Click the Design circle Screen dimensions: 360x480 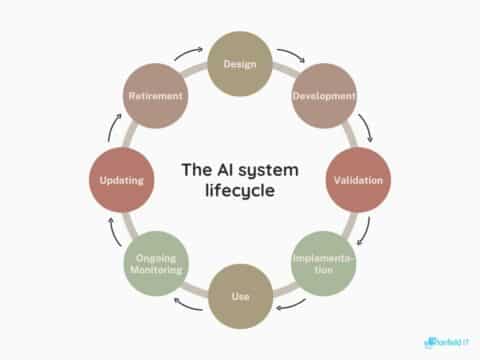click(239, 65)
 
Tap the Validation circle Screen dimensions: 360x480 click(358, 181)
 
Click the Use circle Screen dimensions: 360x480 click(239, 297)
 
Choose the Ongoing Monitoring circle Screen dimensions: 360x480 click(155, 264)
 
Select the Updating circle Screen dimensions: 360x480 click(121, 181)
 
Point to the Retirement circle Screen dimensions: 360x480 click(155, 97)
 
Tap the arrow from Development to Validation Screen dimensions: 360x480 click(367, 125)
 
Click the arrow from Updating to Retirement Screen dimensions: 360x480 click(112, 126)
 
